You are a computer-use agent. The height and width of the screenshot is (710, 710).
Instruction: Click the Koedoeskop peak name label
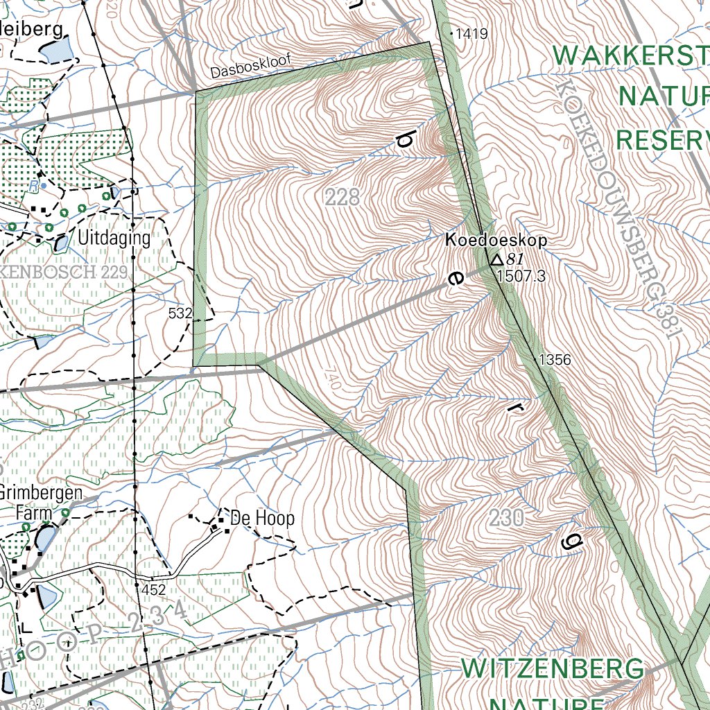pos(496,241)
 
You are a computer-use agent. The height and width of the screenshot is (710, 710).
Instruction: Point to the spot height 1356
pos(555,360)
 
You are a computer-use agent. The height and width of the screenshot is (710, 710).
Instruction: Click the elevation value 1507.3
pos(521,277)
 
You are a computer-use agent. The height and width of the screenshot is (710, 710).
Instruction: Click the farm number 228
pos(343,198)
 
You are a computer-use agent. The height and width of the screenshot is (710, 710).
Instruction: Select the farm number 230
pos(505,517)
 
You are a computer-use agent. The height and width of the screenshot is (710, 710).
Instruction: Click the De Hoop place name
pos(262,518)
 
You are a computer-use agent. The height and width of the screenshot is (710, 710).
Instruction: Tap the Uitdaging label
pos(114,239)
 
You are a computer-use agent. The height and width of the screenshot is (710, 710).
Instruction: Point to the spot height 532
pos(180,314)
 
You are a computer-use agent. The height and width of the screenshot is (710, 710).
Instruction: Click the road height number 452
pos(153,590)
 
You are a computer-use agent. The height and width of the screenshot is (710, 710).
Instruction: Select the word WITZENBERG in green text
pos(553,670)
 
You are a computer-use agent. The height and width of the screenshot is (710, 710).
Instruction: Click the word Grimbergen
pos(41,494)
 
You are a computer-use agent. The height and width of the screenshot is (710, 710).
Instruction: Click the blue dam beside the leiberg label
pos(55,50)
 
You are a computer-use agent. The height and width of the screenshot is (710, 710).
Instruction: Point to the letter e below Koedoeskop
pos(454,279)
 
